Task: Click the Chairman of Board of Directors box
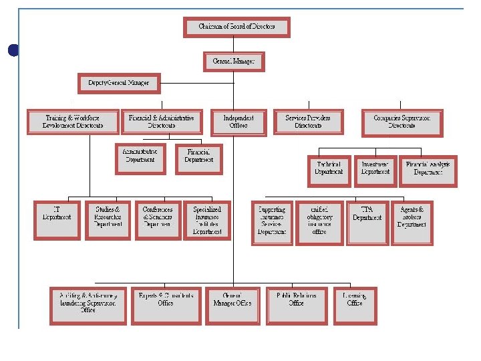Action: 236,27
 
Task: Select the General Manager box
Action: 233,62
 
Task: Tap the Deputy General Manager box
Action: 118,84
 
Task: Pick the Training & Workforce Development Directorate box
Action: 73,122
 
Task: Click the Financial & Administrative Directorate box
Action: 161,122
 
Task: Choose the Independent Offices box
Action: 238,122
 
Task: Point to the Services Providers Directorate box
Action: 308,122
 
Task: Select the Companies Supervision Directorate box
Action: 402,122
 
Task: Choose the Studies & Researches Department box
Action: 108,221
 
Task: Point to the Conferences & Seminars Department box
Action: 158,221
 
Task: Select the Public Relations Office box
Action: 296,306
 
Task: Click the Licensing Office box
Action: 355,306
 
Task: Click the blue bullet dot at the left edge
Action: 9,49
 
